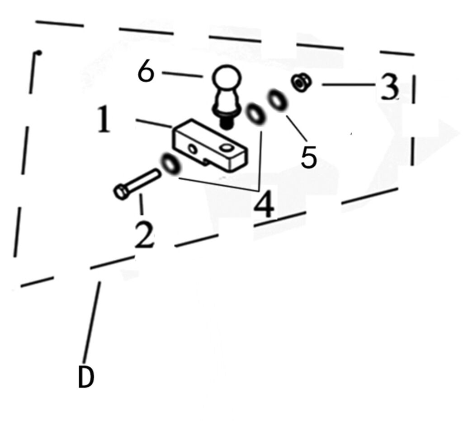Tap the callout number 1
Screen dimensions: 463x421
click(x=104, y=120)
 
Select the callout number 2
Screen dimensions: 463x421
click(x=144, y=234)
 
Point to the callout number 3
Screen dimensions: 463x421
click(x=389, y=87)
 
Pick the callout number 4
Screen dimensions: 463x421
click(x=264, y=204)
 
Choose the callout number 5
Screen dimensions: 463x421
click(x=309, y=157)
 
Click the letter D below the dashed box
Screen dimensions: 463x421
click(x=86, y=377)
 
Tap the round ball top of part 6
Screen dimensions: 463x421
click(x=227, y=78)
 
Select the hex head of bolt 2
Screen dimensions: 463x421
click(x=121, y=192)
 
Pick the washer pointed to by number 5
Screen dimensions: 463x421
click(x=277, y=101)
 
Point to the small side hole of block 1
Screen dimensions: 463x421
click(x=193, y=149)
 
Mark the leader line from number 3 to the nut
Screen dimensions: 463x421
click(x=349, y=84)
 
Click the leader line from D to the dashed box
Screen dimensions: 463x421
click(x=91, y=322)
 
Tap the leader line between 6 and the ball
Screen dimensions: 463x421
click(x=182, y=75)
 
